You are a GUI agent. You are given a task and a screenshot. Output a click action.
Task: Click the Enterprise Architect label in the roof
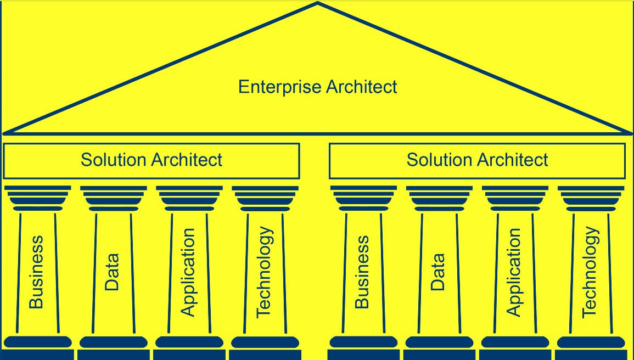click(317, 87)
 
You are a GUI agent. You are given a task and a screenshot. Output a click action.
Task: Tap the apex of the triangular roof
click(317, 4)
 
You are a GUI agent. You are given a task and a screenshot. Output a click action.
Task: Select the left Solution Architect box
click(152, 160)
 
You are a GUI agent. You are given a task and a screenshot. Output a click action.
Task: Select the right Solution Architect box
click(477, 160)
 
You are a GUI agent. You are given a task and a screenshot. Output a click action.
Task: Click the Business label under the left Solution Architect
click(36, 272)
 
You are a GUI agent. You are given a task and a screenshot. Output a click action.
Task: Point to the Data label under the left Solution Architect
click(112, 272)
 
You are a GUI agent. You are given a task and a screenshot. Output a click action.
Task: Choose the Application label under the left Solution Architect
click(188, 272)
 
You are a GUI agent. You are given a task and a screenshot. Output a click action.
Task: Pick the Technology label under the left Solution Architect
click(264, 272)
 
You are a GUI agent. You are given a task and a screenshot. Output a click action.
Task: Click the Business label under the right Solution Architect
click(362, 272)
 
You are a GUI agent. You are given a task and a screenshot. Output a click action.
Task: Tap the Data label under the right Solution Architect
click(438, 272)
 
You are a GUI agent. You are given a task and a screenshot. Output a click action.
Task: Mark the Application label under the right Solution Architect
click(514, 272)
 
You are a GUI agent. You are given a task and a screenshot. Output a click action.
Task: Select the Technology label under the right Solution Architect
click(590, 272)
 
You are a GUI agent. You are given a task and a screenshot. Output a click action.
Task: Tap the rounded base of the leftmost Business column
click(38, 342)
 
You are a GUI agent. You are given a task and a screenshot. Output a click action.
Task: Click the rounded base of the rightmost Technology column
click(591, 342)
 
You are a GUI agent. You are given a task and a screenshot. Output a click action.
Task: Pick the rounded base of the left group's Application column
click(189, 342)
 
